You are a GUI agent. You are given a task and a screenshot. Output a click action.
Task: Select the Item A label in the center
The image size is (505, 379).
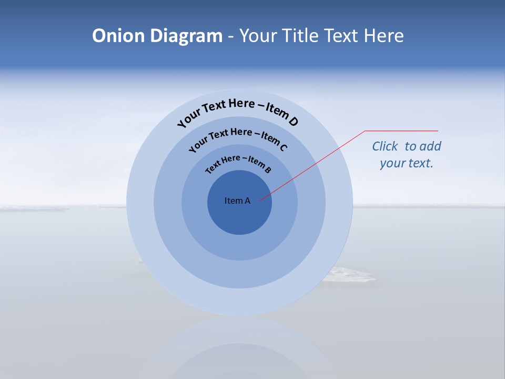(x=237, y=201)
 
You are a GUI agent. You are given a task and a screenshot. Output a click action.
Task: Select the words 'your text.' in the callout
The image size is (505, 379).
(x=406, y=163)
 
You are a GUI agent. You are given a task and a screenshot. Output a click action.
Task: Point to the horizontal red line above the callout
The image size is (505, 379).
(x=401, y=131)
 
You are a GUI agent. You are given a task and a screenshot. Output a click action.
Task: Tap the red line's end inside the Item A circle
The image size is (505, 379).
(x=260, y=201)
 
